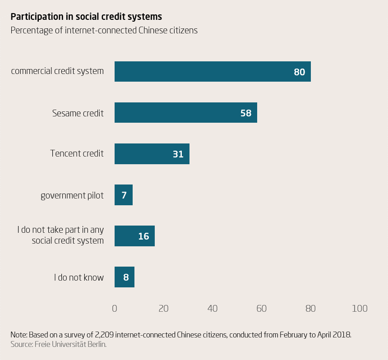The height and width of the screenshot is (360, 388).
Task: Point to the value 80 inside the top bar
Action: pos(299,72)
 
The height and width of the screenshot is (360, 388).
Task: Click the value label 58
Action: pos(246,113)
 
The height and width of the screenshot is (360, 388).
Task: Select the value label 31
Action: pos(178,154)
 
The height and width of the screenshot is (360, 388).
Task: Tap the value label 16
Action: pos(143,236)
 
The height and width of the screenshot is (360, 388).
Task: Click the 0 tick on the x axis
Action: pos(115,309)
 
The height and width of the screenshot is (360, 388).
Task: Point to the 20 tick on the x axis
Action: pos(164,309)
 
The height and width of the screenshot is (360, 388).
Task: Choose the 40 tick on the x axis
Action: pos(212,309)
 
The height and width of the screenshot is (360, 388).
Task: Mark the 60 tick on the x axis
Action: pos(262,309)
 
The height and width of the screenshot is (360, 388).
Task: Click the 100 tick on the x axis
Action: pos(360,309)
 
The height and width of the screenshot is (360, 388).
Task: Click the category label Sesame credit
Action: pos(78,113)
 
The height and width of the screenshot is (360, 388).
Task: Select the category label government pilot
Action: pos(72,195)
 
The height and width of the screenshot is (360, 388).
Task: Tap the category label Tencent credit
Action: pos(77,153)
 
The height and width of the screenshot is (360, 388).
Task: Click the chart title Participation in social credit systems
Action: pos(86,17)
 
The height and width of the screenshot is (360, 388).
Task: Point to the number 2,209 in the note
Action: pos(106,335)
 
